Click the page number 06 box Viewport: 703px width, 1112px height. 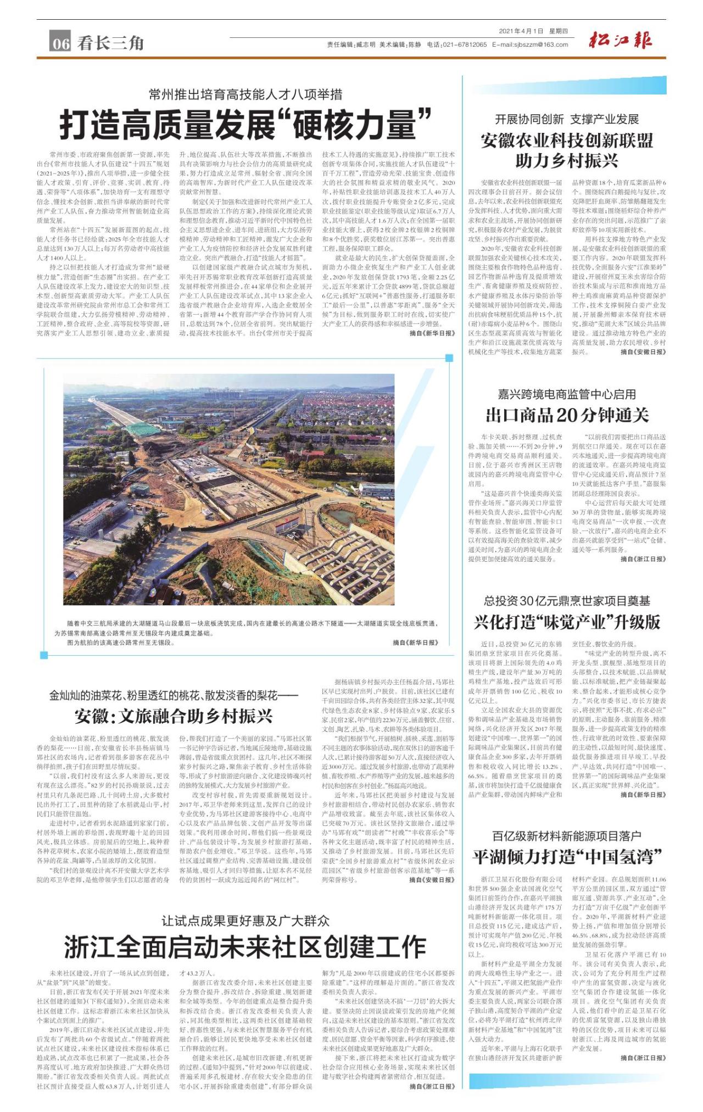[x=61, y=43]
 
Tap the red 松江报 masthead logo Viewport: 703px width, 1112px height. [x=621, y=41]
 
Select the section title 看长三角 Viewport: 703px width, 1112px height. [x=110, y=43]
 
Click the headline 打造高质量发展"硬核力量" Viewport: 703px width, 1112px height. [x=245, y=125]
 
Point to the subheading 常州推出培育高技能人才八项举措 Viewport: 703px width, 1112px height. [x=246, y=94]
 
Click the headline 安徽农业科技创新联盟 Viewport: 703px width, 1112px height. [x=567, y=141]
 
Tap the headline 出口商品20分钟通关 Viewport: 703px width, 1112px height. [x=567, y=415]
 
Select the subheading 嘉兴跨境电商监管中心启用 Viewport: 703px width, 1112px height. [x=567, y=394]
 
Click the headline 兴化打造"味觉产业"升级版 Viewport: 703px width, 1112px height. [x=567, y=622]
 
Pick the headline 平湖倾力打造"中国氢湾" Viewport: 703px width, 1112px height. [x=567, y=856]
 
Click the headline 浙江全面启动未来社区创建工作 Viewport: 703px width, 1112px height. [x=245, y=946]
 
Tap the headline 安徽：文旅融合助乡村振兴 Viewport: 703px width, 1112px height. [x=174, y=716]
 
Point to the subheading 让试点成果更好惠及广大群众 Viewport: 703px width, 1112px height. [x=246, y=920]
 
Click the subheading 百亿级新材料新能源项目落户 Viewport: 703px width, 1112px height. [x=567, y=836]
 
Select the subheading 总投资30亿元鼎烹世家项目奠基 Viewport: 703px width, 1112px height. [x=567, y=601]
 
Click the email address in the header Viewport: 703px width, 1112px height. [x=530, y=44]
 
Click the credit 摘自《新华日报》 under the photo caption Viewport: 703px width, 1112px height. [x=416, y=642]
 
